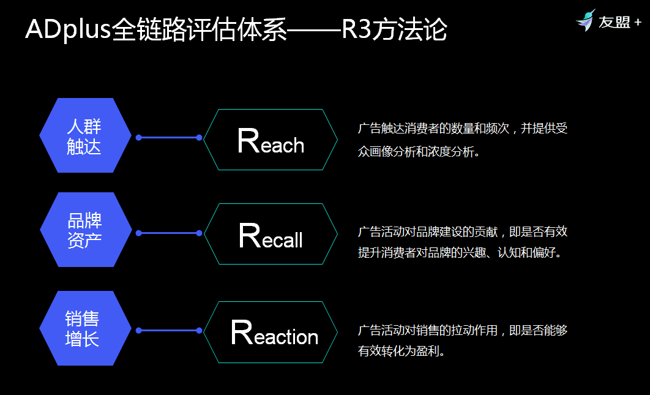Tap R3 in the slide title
[356, 29]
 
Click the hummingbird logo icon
[586, 20]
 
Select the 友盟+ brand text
[620, 22]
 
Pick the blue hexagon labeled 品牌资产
[86, 230]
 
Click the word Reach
[271, 141]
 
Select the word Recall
[271, 235]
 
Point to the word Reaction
[274, 333]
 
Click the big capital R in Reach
[248, 141]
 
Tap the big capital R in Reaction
[242, 332]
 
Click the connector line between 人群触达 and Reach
[169, 138]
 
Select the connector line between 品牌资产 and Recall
[169, 233]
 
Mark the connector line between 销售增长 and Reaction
[169, 331]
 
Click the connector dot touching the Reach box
[200, 138]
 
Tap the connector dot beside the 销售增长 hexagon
[139, 331]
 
